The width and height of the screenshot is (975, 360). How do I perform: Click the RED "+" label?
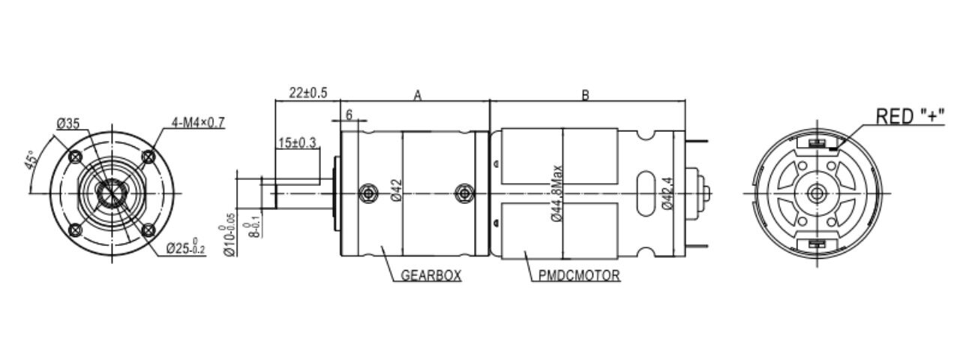tap(910, 116)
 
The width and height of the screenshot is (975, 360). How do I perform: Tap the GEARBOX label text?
tap(430, 275)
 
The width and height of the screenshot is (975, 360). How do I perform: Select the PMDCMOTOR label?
tap(579, 275)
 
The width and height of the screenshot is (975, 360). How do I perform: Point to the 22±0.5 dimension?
tap(308, 93)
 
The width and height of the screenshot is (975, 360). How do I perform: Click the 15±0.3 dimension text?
tap(297, 142)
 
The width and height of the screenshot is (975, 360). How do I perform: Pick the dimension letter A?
tap(418, 95)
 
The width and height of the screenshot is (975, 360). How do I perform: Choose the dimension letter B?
tap(586, 95)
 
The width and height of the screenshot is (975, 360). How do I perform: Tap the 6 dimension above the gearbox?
tap(349, 113)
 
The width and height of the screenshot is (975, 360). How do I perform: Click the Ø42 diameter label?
tap(397, 191)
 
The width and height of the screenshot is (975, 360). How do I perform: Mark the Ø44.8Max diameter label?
tap(556, 193)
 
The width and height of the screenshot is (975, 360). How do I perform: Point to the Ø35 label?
tap(68, 124)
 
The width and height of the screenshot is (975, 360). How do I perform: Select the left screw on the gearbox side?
tap(367, 193)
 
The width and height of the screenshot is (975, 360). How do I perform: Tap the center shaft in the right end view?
tap(814, 193)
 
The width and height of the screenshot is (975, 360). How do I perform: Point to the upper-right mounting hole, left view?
tap(148, 157)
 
